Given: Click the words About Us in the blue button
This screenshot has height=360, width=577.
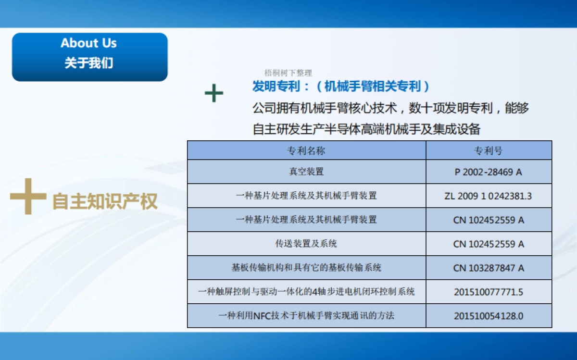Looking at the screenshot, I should point(89,43).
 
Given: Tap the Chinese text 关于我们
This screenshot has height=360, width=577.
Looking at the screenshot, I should point(89,63).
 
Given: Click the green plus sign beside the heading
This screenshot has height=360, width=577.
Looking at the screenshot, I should point(214,93).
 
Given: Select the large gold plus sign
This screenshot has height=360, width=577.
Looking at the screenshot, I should point(28,197).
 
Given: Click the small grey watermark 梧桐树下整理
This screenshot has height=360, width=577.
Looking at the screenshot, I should point(288,73).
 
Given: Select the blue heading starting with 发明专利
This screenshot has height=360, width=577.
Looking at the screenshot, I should point(341,87).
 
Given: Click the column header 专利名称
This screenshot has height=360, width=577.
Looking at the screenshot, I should point(306,150).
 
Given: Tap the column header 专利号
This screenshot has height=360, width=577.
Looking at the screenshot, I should point(489,150).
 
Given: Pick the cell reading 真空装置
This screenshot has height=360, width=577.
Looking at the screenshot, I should point(306,172).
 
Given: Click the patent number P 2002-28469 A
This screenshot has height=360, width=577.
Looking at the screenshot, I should point(489,172).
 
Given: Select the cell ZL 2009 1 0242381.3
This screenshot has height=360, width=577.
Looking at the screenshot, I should point(489,196).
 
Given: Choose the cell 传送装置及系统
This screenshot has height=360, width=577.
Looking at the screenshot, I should point(306,244).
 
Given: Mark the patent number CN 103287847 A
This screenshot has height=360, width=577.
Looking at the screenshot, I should point(489,268).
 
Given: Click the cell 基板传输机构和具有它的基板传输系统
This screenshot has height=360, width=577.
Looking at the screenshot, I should point(306,268).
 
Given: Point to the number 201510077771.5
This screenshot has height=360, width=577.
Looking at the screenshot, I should point(489,292).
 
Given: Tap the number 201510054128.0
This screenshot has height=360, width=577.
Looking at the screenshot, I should point(489,316).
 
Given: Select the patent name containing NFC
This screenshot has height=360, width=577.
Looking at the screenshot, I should point(306,316).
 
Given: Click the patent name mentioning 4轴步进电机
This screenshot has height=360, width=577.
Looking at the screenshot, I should point(306,292).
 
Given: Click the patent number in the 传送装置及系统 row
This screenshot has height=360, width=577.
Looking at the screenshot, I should point(489,244).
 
